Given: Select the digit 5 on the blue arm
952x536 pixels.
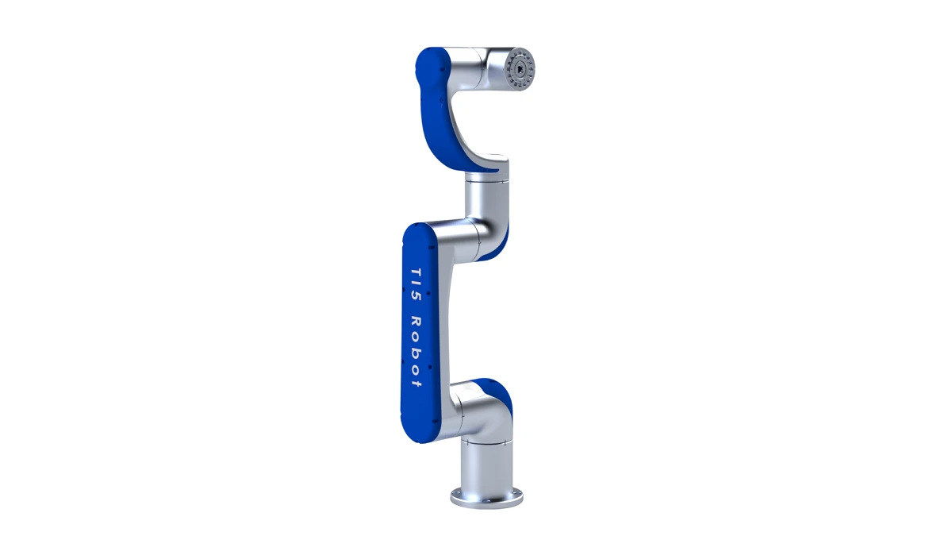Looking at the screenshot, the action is click(416, 296).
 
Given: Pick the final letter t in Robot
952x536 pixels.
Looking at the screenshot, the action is click(416, 383).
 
